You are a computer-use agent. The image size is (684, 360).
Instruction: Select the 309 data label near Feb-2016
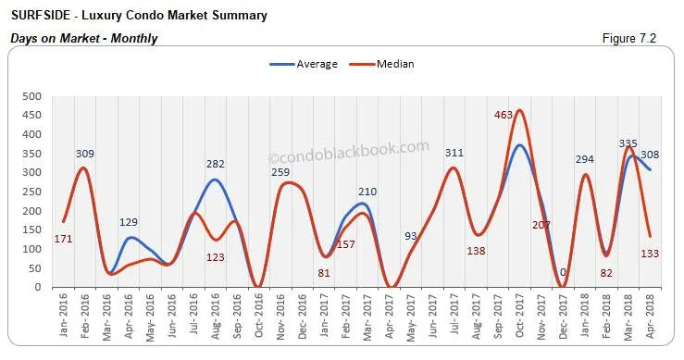[85, 154]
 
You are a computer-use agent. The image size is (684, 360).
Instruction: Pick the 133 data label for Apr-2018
[650, 254]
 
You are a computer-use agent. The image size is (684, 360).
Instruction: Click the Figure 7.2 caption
[635, 38]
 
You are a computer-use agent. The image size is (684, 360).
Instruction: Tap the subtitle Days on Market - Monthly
[84, 39]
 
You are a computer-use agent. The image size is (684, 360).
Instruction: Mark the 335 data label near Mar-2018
[628, 143]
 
